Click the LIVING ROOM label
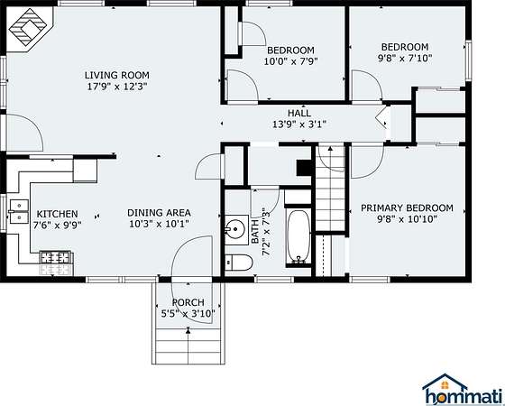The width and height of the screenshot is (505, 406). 117,75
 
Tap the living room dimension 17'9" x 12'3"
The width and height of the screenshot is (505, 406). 117,87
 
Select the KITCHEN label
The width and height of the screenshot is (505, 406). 58,214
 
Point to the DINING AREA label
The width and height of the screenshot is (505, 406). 159,213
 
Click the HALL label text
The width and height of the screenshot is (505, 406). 299,113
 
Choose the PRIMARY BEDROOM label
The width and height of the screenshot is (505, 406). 407,208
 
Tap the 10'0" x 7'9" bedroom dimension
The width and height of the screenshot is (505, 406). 291,61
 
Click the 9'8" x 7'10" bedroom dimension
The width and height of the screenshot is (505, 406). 405,58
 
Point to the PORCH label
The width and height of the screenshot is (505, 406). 188,302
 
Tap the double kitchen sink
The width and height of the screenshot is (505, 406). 18,211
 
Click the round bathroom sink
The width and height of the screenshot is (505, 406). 235,229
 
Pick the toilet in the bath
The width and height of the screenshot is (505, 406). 238,263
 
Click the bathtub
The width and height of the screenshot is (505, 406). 298,236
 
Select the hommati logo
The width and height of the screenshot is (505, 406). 463,389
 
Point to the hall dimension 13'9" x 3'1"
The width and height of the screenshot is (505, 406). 299,125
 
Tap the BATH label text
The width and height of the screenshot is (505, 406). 254,232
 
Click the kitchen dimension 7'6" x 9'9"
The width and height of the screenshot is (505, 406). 58,225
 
